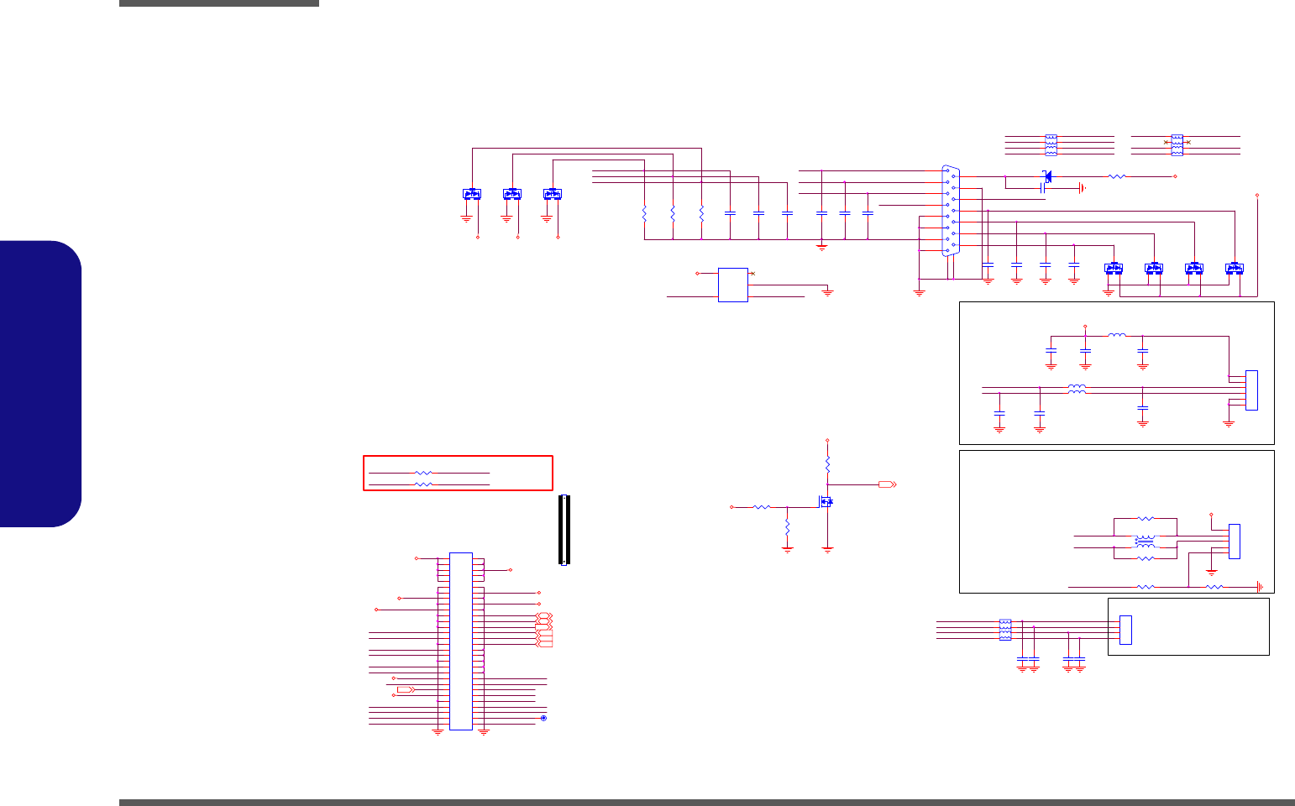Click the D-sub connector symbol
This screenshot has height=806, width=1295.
[949, 210]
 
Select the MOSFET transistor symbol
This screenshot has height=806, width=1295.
[826, 501]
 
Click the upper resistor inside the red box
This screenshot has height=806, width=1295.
[424, 474]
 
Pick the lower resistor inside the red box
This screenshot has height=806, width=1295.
[424, 485]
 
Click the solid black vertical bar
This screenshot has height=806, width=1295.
[564, 530]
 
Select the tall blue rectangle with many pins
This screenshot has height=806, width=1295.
[460, 641]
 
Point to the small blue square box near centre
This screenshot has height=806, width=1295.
[732, 285]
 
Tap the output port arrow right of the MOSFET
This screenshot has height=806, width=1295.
[887, 484]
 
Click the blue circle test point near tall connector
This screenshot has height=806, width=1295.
[543, 719]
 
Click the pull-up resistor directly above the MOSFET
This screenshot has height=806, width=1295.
[827, 463]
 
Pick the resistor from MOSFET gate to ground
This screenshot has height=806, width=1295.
[787, 527]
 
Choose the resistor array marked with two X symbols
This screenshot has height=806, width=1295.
[1177, 144]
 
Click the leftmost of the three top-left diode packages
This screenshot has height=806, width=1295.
[472, 194]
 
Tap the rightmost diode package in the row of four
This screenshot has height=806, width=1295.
[1234, 269]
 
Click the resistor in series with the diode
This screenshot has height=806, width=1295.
[1117, 176]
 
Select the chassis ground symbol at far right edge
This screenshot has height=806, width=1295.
[1259, 587]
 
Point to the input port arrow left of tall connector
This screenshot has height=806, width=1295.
[405, 689]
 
